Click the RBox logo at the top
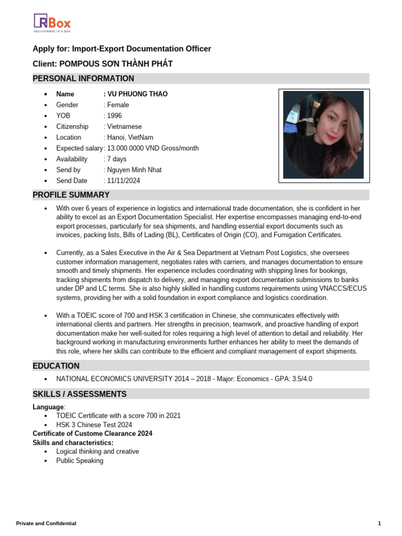point(52,23)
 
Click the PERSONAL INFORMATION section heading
point(83,79)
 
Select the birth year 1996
point(114,116)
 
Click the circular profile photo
point(323,136)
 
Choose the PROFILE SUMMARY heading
point(71,195)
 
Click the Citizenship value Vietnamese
point(124,127)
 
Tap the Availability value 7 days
point(116,159)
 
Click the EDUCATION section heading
point(56,366)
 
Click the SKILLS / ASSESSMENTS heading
point(80,394)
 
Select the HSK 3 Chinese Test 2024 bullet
point(94,425)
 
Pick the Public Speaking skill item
point(80,461)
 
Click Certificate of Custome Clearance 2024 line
point(93,433)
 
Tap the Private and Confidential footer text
point(46,523)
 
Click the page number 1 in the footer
point(379,523)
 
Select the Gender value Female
point(117,105)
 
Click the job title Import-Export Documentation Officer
point(141,49)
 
